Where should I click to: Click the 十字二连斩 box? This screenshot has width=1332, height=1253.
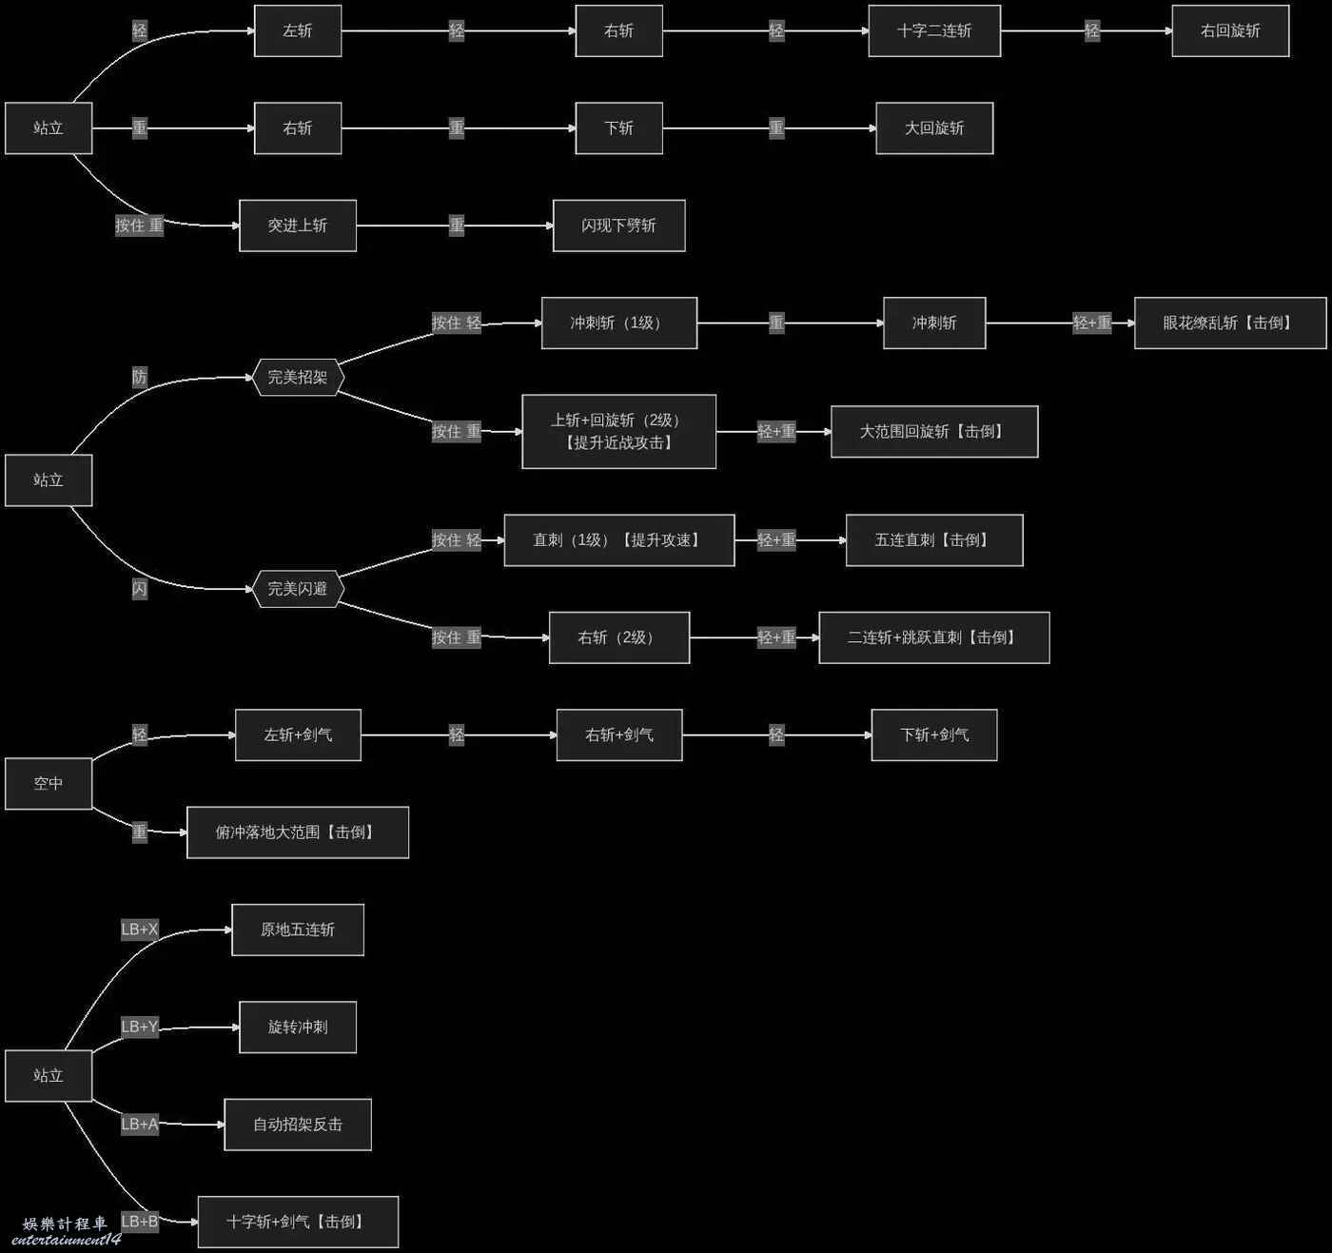(934, 30)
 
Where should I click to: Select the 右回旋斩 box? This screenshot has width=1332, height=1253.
(1230, 30)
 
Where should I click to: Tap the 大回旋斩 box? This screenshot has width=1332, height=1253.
(934, 128)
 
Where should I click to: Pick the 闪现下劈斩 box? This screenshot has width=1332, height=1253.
(619, 225)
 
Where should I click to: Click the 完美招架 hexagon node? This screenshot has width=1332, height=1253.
(299, 377)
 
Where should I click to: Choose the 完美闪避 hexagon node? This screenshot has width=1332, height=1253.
(299, 589)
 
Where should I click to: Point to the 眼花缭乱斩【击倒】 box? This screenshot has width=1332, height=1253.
(1230, 323)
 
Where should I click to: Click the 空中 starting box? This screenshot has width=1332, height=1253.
(49, 783)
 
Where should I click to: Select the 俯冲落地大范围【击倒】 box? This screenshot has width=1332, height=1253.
(298, 832)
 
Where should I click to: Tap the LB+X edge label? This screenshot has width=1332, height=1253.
(140, 929)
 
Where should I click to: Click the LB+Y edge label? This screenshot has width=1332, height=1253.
(140, 1027)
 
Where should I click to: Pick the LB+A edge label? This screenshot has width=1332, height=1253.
(140, 1124)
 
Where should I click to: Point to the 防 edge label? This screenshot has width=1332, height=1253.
(140, 377)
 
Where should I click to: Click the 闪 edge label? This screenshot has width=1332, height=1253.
(140, 589)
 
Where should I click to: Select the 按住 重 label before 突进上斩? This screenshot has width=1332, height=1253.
(140, 225)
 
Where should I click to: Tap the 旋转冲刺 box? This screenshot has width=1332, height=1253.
(298, 1027)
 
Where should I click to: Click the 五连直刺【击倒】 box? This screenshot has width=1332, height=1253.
(934, 540)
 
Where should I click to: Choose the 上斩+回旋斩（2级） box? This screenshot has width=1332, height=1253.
(619, 431)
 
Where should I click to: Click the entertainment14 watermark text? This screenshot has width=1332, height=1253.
(66, 1241)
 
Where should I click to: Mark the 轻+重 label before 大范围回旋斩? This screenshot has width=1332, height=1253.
(776, 431)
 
